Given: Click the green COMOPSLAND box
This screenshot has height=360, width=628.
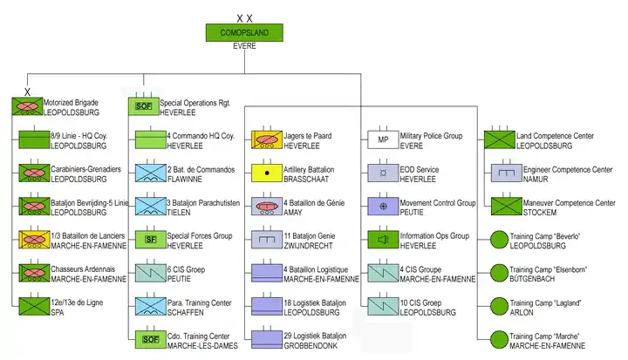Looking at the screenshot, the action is tap(244, 32).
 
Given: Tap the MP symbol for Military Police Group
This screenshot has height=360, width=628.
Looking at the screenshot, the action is tap(383, 139).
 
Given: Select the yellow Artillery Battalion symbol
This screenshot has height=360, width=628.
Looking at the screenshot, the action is tap(267, 173).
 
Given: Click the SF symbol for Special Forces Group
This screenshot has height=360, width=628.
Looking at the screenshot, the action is tap(151, 240).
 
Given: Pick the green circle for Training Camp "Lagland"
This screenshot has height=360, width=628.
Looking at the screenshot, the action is tap(499, 306).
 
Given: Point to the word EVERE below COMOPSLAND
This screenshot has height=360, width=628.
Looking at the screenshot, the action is tap(244, 46).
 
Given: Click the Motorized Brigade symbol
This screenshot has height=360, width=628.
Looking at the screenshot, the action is tap(27, 106).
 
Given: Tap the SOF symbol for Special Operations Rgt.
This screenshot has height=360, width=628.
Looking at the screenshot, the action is tap(143, 106).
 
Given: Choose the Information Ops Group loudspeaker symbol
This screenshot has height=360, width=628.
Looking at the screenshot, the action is tap(383, 240).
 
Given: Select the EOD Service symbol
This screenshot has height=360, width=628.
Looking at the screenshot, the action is tap(383, 173).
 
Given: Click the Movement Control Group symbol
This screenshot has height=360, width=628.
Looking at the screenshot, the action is tap(383, 207).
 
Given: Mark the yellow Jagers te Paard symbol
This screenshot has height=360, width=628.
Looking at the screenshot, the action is tap(267, 139).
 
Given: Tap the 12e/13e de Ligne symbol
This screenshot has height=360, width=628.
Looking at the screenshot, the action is tap(34, 306).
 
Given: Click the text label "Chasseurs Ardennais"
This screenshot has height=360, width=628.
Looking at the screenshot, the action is tap(83, 269).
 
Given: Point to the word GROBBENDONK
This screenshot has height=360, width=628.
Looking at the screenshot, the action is tap(311, 345).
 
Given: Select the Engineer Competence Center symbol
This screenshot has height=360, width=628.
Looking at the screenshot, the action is tap(507, 173).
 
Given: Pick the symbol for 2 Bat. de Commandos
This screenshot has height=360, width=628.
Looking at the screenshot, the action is tap(151, 173).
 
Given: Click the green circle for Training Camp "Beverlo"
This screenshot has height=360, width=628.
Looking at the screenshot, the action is tap(499, 240).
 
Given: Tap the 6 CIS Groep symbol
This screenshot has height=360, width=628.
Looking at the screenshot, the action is tap(151, 273).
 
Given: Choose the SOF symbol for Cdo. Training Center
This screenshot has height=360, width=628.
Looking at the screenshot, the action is tap(151, 340).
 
